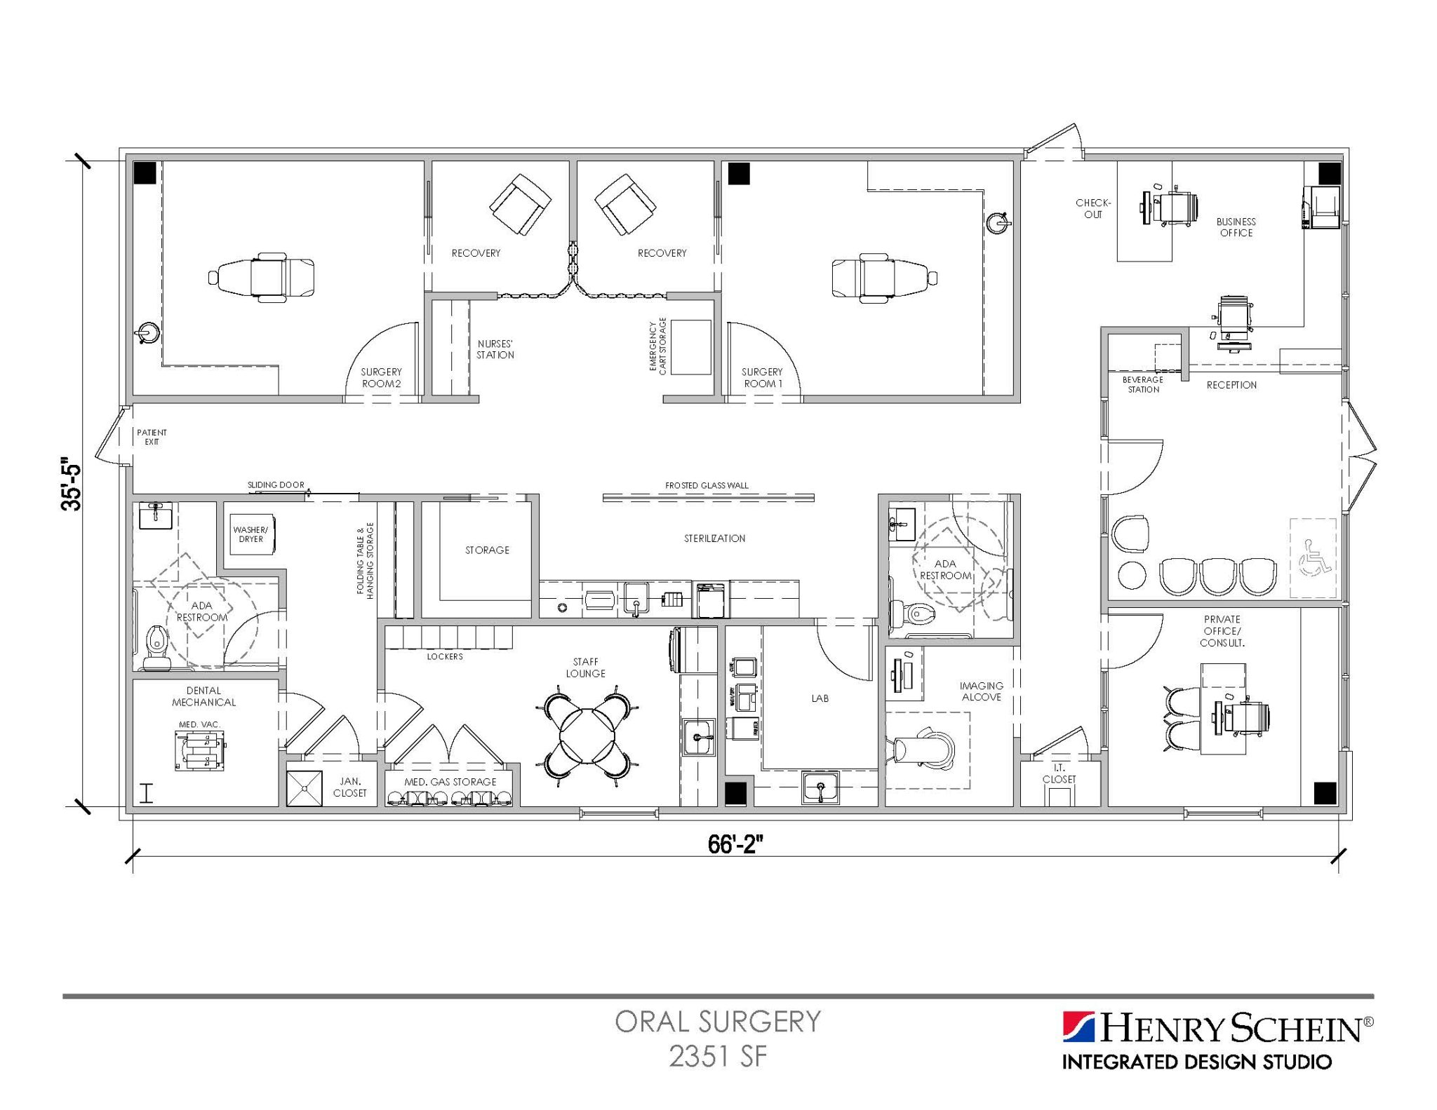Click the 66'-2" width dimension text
point(735,845)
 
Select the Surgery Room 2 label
point(381,378)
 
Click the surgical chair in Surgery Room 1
point(884,278)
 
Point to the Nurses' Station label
point(495,349)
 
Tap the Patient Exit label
point(152,437)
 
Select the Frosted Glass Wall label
point(707,485)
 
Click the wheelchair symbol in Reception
point(1313,558)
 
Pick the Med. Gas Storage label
point(450,782)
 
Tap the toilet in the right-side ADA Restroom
point(914,615)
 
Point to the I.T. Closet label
point(1059,774)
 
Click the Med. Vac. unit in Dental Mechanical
point(200,750)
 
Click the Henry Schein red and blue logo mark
point(1078,1027)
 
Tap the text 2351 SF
point(718,1056)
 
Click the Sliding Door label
point(276,485)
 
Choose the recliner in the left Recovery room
point(519,205)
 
